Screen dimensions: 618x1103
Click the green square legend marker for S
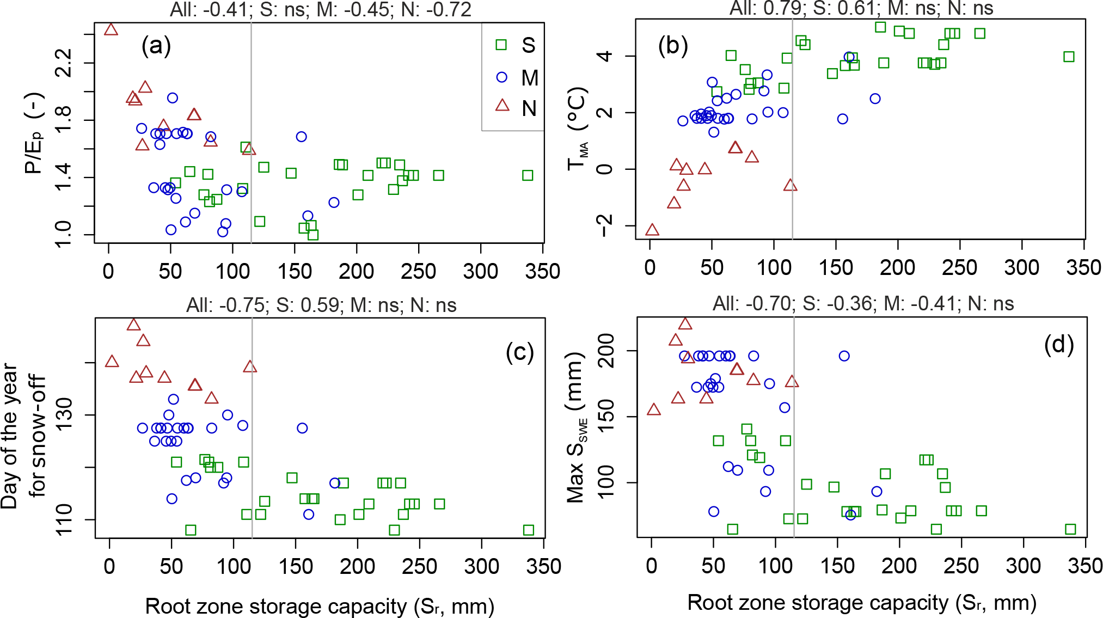501,45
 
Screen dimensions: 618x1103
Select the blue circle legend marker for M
501,77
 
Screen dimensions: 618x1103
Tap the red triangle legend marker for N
502,105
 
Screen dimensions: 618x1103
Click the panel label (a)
156,46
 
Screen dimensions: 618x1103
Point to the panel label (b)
673,46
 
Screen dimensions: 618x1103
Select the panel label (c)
519,352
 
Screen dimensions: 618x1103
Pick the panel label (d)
1058,344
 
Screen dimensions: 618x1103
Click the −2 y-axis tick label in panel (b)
604,225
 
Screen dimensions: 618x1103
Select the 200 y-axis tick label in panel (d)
605,351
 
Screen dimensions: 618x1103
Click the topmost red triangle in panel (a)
111,29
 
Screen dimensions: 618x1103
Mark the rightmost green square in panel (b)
1069,57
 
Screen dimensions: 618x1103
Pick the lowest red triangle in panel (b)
652,230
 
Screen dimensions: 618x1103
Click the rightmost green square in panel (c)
528,530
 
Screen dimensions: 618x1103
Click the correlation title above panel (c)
321,305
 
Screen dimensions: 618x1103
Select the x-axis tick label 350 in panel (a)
542,271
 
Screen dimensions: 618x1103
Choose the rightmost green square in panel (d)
1070,529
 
